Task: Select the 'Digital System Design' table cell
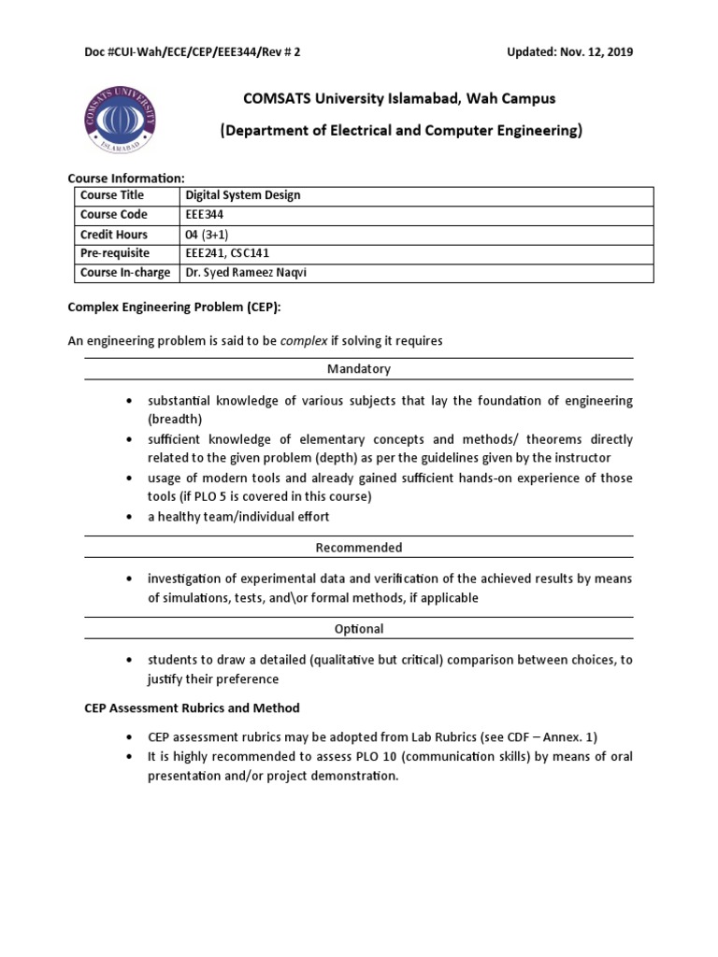coord(243,195)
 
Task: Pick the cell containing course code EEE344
coord(206,215)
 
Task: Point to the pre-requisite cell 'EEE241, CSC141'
coord(229,253)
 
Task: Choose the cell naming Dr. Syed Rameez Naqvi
coord(248,273)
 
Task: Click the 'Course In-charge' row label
coord(125,273)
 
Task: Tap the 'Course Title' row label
coord(112,195)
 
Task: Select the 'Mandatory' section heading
coord(359,369)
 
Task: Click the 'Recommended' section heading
coord(359,548)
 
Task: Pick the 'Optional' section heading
coord(359,629)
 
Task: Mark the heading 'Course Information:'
coord(126,178)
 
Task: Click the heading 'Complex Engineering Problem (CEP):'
coord(174,308)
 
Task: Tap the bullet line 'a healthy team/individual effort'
coord(238,516)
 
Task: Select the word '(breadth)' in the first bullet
coord(175,419)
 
